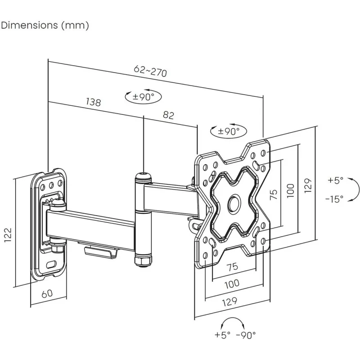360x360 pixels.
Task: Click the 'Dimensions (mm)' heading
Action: [x=45, y=25]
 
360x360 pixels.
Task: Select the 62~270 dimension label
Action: [x=150, y=71]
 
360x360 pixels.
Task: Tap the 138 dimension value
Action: [x=94, y=102]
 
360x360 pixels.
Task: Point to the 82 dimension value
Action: [x=168, y=115]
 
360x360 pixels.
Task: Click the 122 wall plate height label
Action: [x=8, y=234]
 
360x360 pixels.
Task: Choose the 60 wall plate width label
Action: [x=47, y=293]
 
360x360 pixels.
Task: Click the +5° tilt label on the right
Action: [x=335, y=180]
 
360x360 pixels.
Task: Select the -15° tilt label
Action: [x=334, y=198]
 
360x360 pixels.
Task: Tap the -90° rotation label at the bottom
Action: [x=246, y=335]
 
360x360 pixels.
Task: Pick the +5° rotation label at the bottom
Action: [x=222, y=335]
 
